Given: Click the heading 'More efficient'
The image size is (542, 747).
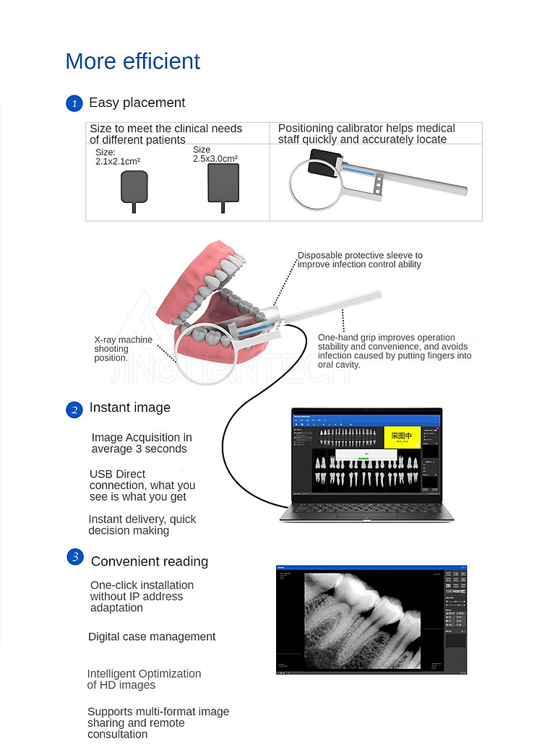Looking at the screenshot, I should click(132, 61).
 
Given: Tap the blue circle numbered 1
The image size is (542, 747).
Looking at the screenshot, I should click(74, 103).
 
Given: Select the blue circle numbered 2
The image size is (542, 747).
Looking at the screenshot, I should click(74, 410).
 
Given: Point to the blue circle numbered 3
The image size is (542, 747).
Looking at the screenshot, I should click(74, 557).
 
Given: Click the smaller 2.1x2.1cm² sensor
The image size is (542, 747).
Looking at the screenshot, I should click(134, 186).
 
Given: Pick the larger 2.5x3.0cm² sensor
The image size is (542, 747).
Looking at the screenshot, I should click(223, 183).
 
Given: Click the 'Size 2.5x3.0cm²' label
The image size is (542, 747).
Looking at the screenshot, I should click(215, 154).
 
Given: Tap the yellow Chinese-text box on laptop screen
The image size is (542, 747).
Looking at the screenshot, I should click(401, 436).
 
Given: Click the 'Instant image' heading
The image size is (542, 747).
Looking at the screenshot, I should click(129, 407).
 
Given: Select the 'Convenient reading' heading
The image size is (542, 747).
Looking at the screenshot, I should click(149, 561).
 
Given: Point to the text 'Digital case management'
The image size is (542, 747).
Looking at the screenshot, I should click(152, 636).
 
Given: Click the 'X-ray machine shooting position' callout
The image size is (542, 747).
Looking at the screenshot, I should click(123, 348).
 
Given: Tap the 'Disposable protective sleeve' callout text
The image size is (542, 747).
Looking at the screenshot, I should click(360, 260).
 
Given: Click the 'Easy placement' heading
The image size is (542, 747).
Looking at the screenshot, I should click(137, 103).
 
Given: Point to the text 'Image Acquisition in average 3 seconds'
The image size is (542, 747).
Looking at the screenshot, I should click(141, 443).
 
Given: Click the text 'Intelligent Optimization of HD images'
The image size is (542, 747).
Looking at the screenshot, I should click(144, 679).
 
